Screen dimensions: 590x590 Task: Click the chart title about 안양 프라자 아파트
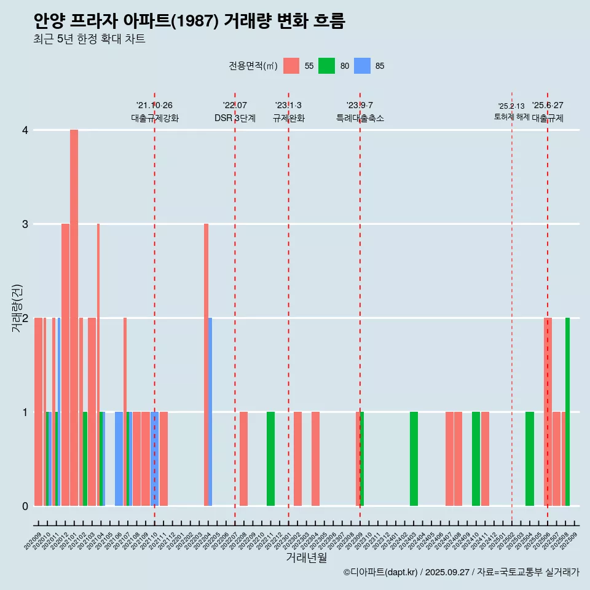pyautogui.click(x=189, y=22)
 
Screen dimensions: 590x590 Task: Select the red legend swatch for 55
pyautogui.click(x=291, y=66)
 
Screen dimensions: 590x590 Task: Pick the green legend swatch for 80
pyautogui.click(x=326, y=66)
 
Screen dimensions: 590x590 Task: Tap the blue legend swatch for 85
pyautogui.click(x=362, y=66)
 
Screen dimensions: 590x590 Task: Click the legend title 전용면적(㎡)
pyautogui.click(x=253, y=66)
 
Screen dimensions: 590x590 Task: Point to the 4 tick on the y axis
pyautogui.click(x=25, y=130)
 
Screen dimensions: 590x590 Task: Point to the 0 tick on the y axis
pyautogui.click(x=25, y=506)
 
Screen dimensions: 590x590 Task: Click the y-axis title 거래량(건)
pyautogui.click(x=17, y=307)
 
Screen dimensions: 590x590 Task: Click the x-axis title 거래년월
pyautogui.click(x=306, y=557)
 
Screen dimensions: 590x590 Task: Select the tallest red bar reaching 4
pyautogui.click(x=74, y=317)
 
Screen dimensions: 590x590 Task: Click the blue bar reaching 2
pyautogui.click(x=210, y=412)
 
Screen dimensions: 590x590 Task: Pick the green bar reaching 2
pyautogui.click(x=567, y=412)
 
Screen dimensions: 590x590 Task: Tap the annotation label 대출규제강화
pyautogui.click(x=154, y=118)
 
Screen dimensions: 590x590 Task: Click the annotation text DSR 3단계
pyautogui.click(x=235, y=118)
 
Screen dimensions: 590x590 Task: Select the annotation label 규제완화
pyautogui.click(x=288, y=118)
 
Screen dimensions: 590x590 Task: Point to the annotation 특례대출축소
pyautogui.click(x=360, y=118)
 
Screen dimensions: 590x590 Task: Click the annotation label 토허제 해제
pyautogui.click(x=511, y=117)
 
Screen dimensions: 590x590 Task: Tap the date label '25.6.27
pyautogui.click(x=548, y=106)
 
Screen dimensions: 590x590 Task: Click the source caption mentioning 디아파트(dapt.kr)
pyautogui.click(x=461, y=572)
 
